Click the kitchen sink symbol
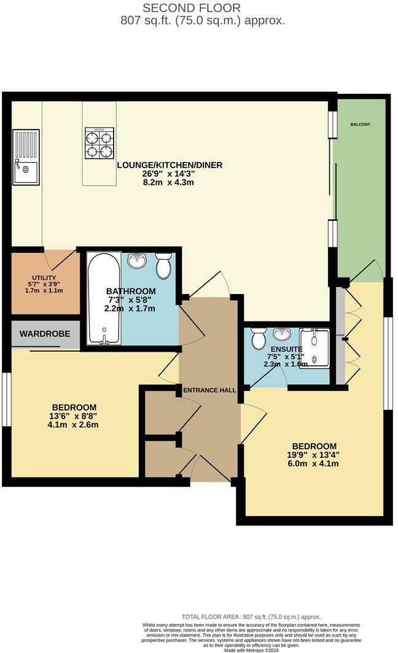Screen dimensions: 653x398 pos(26,157)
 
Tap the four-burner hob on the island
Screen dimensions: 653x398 pos(99,143)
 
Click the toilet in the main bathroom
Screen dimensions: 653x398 pos(163,266)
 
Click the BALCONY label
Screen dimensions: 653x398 pos(360,125)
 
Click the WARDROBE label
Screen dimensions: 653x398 pos(45,334)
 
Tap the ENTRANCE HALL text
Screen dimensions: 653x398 pos(209,390)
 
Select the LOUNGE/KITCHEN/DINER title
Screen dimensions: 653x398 pos(170,165)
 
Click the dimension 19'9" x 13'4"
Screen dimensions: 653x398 pos(314,455)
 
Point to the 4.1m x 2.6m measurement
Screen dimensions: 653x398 pos(74,425)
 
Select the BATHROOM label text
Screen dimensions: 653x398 pos(131,291)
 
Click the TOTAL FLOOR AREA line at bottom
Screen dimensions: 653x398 pos(251,617)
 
